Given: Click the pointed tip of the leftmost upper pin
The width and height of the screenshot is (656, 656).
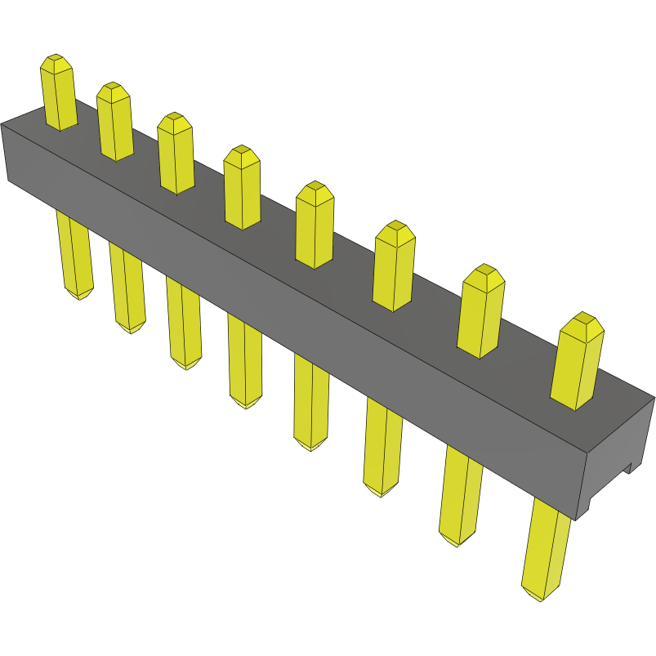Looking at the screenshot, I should tap(56, 60).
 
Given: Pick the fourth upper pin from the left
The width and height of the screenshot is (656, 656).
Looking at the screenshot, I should tap(242, 187).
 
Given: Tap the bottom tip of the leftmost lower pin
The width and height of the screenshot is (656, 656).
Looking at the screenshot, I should tap(79, 296).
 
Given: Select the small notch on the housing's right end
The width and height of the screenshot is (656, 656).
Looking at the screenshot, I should tap(629, 468).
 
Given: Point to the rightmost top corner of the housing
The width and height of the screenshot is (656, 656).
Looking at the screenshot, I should tap(654, 399).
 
